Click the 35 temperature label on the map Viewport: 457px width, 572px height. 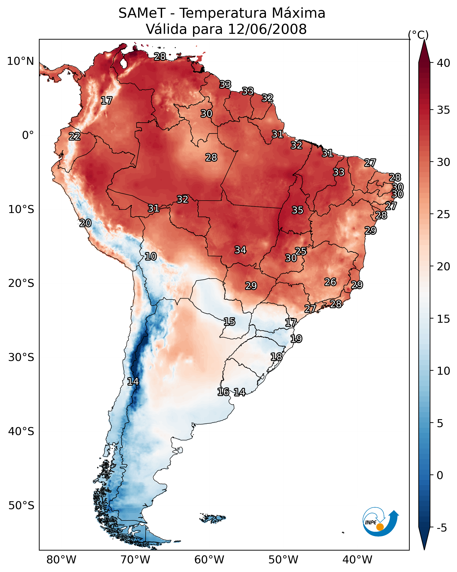pyautogui.click(x=297, y=210)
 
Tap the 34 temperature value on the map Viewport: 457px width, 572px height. pyautogui.click(x=240, y=250)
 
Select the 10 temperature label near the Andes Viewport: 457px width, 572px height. pyautogui.click(x=151, y=256)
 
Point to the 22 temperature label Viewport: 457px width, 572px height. pyautogui.click(x=75, y=136)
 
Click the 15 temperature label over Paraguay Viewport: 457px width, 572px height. pyautogui.click(x=229, y=322)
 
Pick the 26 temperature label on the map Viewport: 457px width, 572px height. pyautogui.click(x=330, y=282)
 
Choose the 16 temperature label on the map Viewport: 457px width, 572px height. pyautogui.click(x=223, y=392)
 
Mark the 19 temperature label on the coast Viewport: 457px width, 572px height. pyautogui.click(x=296, y=339)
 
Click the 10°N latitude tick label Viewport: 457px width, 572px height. pyautogui.click(x=20, y=61)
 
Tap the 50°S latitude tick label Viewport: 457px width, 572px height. pyautogui.click(x=21, y=506)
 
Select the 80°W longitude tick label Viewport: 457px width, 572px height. pyautogui.click(x=61, y=560)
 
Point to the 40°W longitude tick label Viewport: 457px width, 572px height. pyautogui.click(x=357, y=560)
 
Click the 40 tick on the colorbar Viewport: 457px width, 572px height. pyautogui.click(x=443, y=63)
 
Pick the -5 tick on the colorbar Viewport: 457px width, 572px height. pyautogui.click(x=442, y=528)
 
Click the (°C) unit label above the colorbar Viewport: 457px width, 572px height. pyautogui.click(x=418, y=35)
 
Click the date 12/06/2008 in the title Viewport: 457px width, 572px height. pyautogui.click(x=267, y=29)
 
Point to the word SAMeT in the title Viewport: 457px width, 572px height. pyautogui.click(x=142, y=13)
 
